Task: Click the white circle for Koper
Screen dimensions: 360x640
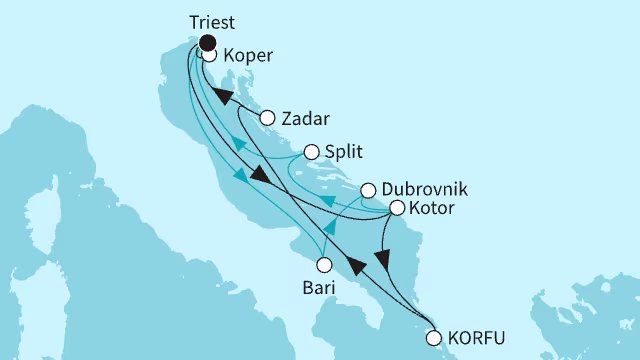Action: pyautogui.click(x=210, y=56)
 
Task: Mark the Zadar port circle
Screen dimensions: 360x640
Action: pyautogui.click(x=267, y=118)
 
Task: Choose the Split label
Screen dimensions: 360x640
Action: pyautogui.click(x=343, y=152)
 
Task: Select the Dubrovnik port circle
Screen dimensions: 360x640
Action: pyautogui.click(x=368, y=190)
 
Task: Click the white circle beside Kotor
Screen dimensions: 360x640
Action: pyautogui.click(x=396, y=209)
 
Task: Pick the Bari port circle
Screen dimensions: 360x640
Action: pyautogui.click(x=323, y=265)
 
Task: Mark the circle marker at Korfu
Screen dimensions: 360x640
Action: pyautogui.click(x=433, y=338)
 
